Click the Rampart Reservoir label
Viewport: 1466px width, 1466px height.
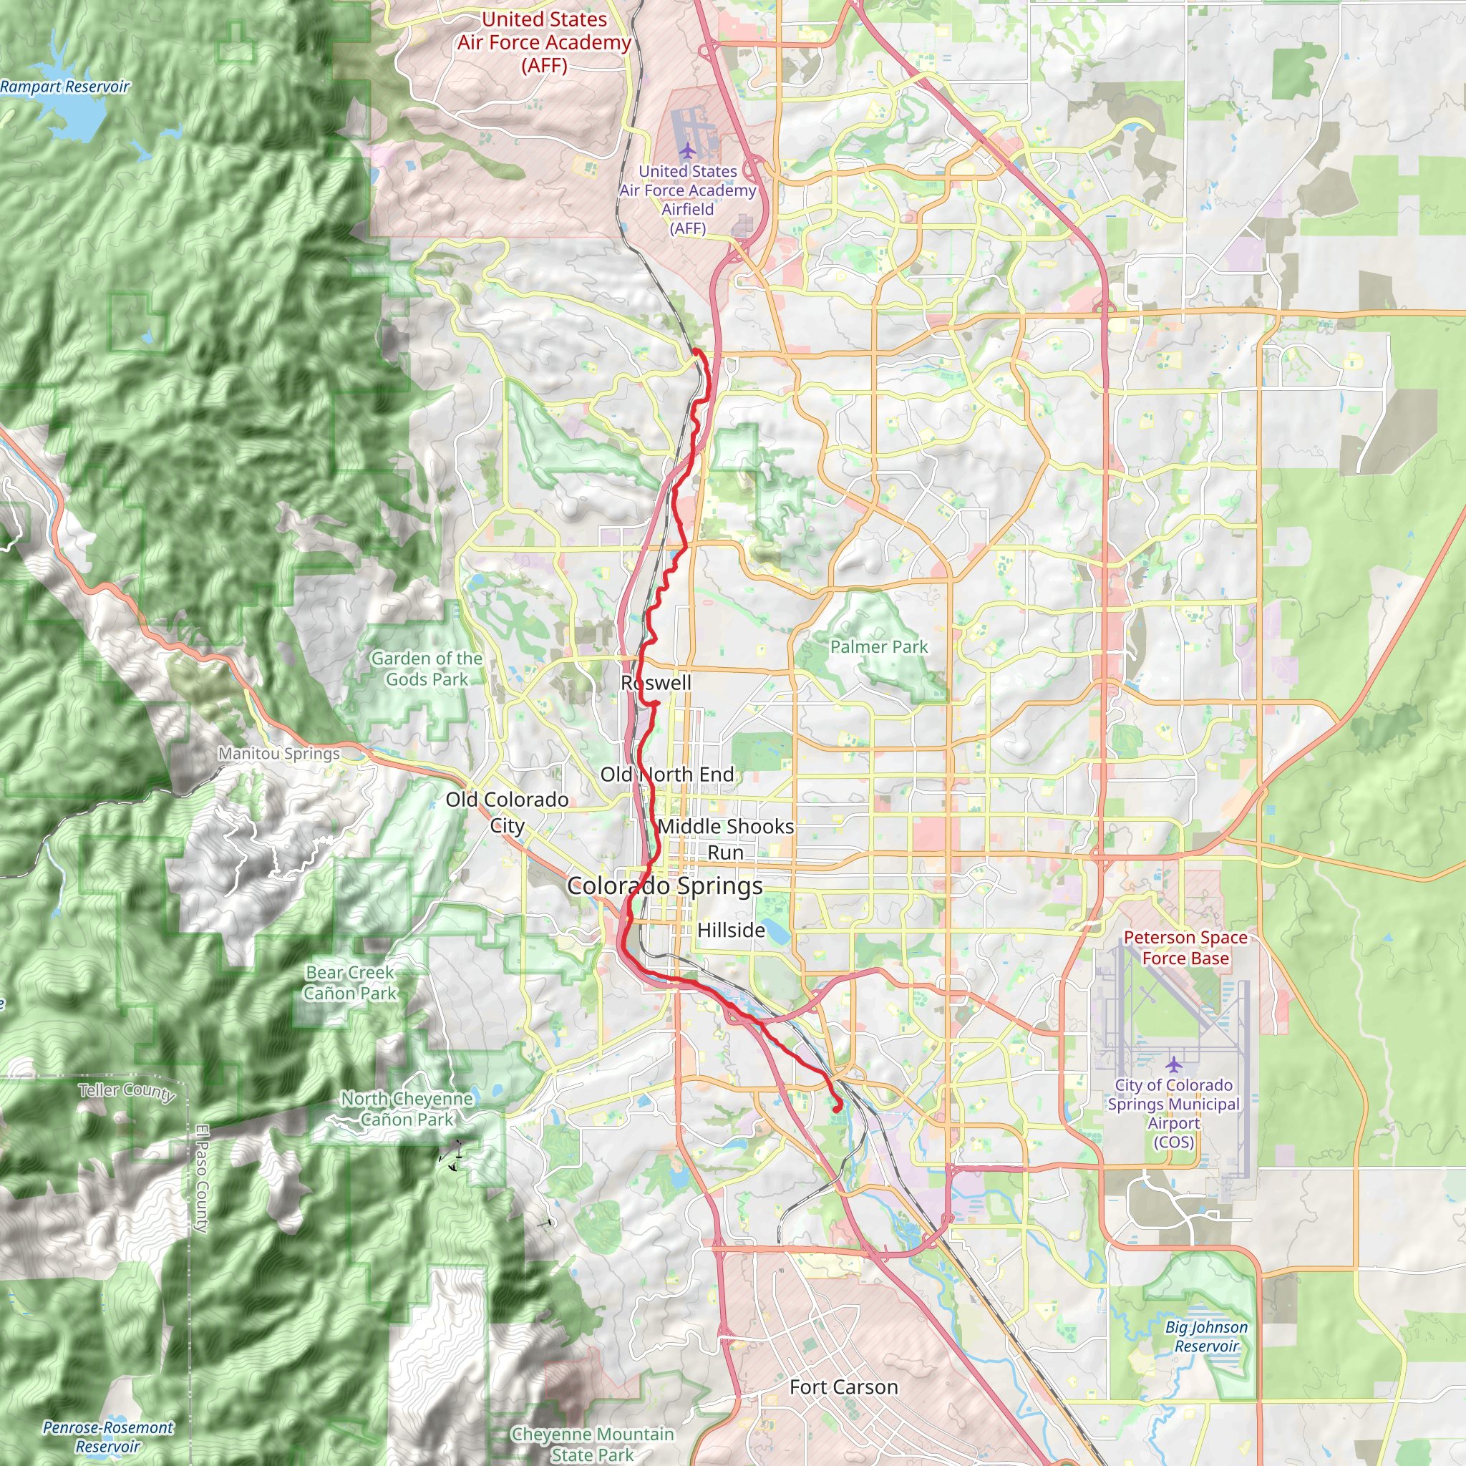64,87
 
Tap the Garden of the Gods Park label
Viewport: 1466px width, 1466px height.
427,669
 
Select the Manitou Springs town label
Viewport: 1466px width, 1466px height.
279,754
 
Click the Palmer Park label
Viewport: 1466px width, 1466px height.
879,646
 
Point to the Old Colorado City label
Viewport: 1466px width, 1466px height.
507,812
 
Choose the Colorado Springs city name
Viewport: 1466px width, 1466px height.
665,885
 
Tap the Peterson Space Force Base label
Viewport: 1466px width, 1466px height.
1185,948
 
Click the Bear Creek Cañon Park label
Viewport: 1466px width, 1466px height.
350,983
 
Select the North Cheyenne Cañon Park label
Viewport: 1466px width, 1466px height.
407,1109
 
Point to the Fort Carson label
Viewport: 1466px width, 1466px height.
843,1387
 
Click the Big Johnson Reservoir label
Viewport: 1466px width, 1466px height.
1206,1336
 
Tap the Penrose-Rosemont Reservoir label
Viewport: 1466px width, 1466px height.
108,1437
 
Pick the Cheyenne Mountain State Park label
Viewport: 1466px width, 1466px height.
593,1444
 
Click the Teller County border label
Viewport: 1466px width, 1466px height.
127,1091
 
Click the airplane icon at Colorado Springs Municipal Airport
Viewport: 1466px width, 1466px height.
1174,1063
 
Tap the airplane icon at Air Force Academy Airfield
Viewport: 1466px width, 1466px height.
687,150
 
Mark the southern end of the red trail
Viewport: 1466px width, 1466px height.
836,1110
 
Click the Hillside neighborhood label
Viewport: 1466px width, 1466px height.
731,930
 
